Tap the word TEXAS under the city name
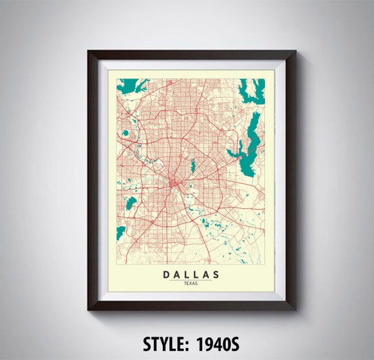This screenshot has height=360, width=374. pyautogui.click(x=191, y=283)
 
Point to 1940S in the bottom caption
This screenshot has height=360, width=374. pyautogui.click(x=217, y=343)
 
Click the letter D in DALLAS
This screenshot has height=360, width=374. pyautogui.click(x=163, y=273)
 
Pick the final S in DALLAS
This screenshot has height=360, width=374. pyautogui.click(x=219, y=273)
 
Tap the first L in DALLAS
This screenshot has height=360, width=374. pyautogui.click(x=186, y=273)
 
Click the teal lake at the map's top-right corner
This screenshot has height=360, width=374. pyautogui.click(x=252, y=89)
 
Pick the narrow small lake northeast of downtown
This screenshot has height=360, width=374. pyautogui.click(x=192, y=167)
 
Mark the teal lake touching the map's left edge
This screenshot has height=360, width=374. pyautogui.click(x=120, y=232)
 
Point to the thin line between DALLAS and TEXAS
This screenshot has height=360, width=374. pyautogui.click(x=191, y=279)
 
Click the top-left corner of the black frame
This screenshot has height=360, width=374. pyautogui.click(x=89, y=52)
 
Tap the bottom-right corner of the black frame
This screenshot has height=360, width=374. pyautogui.click(x=295, y=309)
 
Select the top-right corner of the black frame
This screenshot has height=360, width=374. pyautogui.click(x=295, y=52)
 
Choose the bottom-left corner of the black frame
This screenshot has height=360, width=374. pyautogui.click(x=89, y=309)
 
